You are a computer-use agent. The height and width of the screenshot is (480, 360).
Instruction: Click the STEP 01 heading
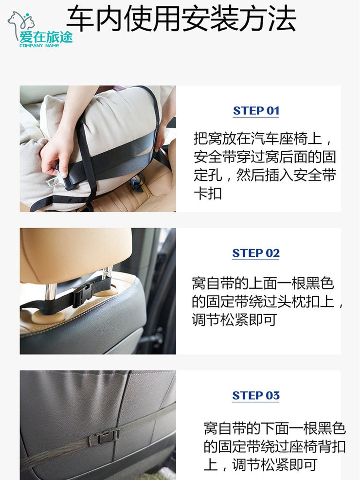coord(256,111)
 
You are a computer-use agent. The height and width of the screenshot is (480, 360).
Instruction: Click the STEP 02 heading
coord(256,253)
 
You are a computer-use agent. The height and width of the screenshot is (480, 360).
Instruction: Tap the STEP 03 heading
coord(256,395)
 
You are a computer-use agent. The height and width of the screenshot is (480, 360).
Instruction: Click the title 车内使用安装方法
coord(181,19)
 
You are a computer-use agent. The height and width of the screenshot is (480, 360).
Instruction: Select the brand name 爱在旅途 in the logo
coord(46,37)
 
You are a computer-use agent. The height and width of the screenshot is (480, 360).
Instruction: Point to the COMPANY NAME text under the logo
coord(39,46)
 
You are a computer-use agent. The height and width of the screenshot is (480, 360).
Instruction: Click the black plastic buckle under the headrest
coord(84,295)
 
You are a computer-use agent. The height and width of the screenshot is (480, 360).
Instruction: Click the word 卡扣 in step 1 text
coord(208,194)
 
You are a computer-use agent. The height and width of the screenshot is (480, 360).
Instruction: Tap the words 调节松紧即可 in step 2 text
coord(234,320)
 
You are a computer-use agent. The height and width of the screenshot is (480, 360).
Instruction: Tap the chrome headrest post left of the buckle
coord(50,293)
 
